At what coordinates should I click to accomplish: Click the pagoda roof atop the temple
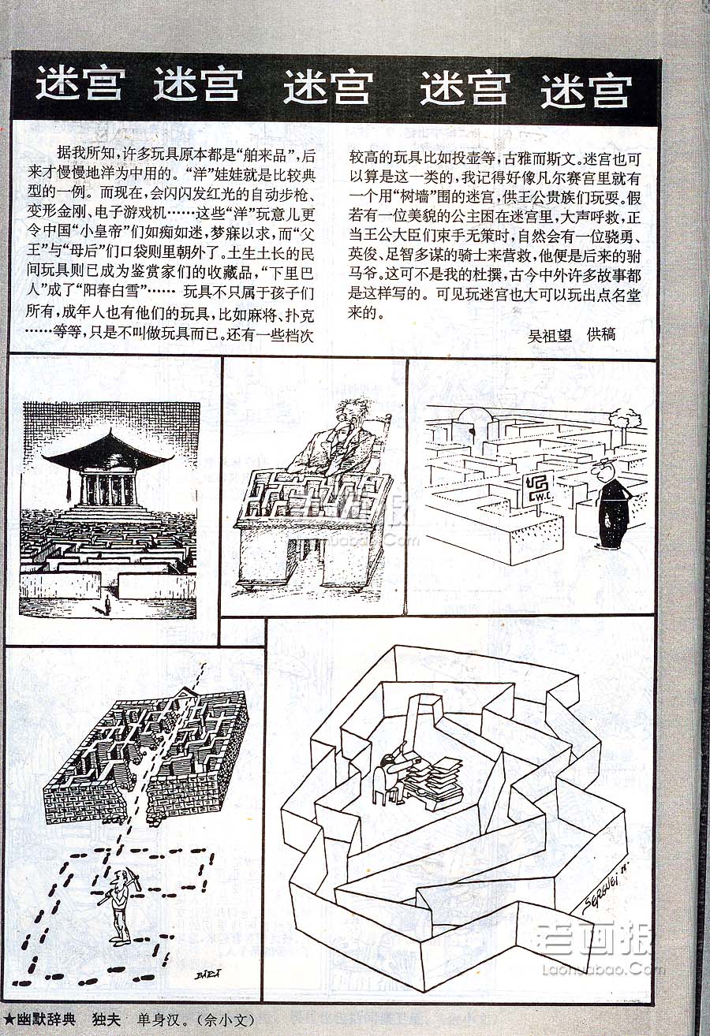109,452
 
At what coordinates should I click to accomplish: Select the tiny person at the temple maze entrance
107,604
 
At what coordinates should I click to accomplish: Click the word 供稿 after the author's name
601,335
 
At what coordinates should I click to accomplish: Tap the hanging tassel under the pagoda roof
67,485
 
